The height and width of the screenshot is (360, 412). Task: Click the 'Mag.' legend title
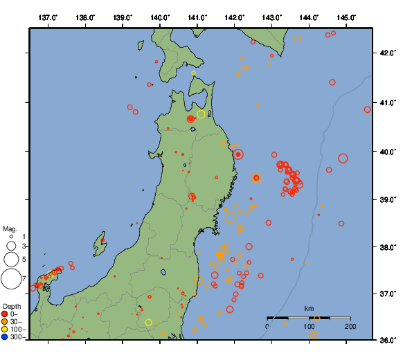point(10,228)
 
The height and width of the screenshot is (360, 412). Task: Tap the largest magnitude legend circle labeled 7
point(11,279)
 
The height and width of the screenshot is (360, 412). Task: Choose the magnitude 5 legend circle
point(11,260)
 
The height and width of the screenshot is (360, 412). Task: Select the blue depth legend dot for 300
point(5,337)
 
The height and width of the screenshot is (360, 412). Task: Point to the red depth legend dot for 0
point(5,314)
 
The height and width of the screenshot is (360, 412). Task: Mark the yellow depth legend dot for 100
point(5,330)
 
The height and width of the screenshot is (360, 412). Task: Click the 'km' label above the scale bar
point(309,308)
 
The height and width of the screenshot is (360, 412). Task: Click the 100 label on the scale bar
point(309,327)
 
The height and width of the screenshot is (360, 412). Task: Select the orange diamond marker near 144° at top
point(298,39)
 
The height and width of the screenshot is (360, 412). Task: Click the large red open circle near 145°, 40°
point(343,159)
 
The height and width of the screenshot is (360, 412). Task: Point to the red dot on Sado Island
point(102,240)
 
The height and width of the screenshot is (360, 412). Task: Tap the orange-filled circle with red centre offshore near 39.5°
point(256,178)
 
